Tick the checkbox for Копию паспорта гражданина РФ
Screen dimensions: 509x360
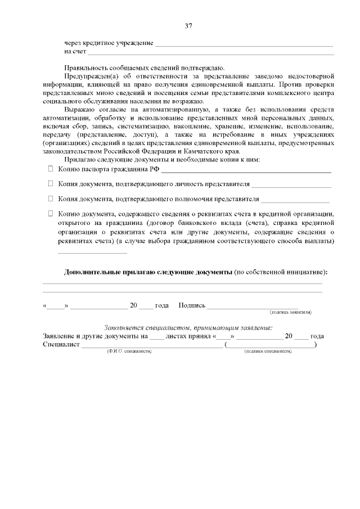pos(50,169)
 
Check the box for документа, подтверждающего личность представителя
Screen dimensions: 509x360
pos(50,183)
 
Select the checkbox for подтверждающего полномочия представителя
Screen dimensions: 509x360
pos(50,199)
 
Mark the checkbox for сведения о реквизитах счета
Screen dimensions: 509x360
pos(50,214)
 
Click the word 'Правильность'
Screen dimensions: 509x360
pos(88,67)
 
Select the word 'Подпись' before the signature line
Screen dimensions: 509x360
pos(191,305)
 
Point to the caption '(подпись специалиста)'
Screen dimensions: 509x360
pos(268,350)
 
